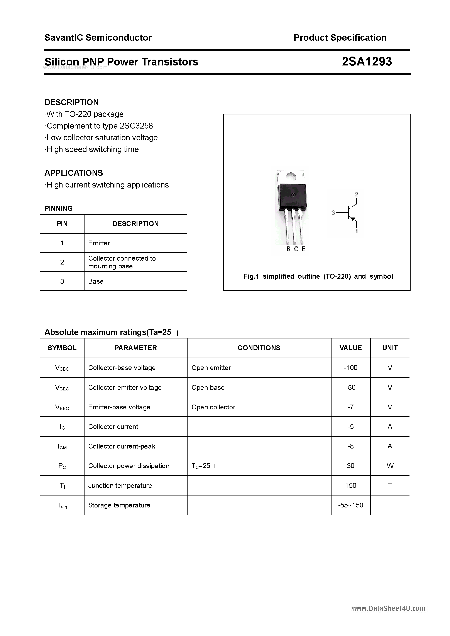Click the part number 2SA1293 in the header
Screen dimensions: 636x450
pyautogui.click(x=367, y=62)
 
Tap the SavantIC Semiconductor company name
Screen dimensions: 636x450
pyautogui.click(x=98, y=38)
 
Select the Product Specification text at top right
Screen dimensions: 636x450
pyautogui.click(x=340, y=38)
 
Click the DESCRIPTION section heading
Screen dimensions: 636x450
pyautogui.click(x=72, y=102)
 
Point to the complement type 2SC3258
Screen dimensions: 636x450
pyautogui.click(x=136, y=126)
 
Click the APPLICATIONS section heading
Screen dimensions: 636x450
pyautogui.click(x=74, y=173)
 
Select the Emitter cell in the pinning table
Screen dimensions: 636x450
pyautogui.click(x=99, y=243)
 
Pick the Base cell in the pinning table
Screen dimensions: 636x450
pyautogui.click(x=96, y=281)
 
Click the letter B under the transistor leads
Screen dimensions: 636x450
pyautogui.click(x=288, y=249)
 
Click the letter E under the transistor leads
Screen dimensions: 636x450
pyautogui.click(x=303, y=249)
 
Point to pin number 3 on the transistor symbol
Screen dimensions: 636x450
pyautogui.click(x=333, y=213)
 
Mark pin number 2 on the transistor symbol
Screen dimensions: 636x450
pyautogui.click(x=357, y=194)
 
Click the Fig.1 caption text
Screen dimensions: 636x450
pyautogui.click(x=318, y=276)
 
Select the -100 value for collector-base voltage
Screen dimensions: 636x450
pyautogui.click(x=350, y=368)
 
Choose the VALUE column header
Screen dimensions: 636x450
pyautogui.click(x=350, y=348)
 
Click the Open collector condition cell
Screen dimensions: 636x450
pyautogui.click(x=213, y=407)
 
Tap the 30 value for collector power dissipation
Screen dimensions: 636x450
pyautogui.click(x=350, y=466)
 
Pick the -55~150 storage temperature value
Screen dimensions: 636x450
pyautogui.click(x=350, y=505)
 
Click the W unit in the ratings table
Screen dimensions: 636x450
pyautogui.click(x=390, y=466)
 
